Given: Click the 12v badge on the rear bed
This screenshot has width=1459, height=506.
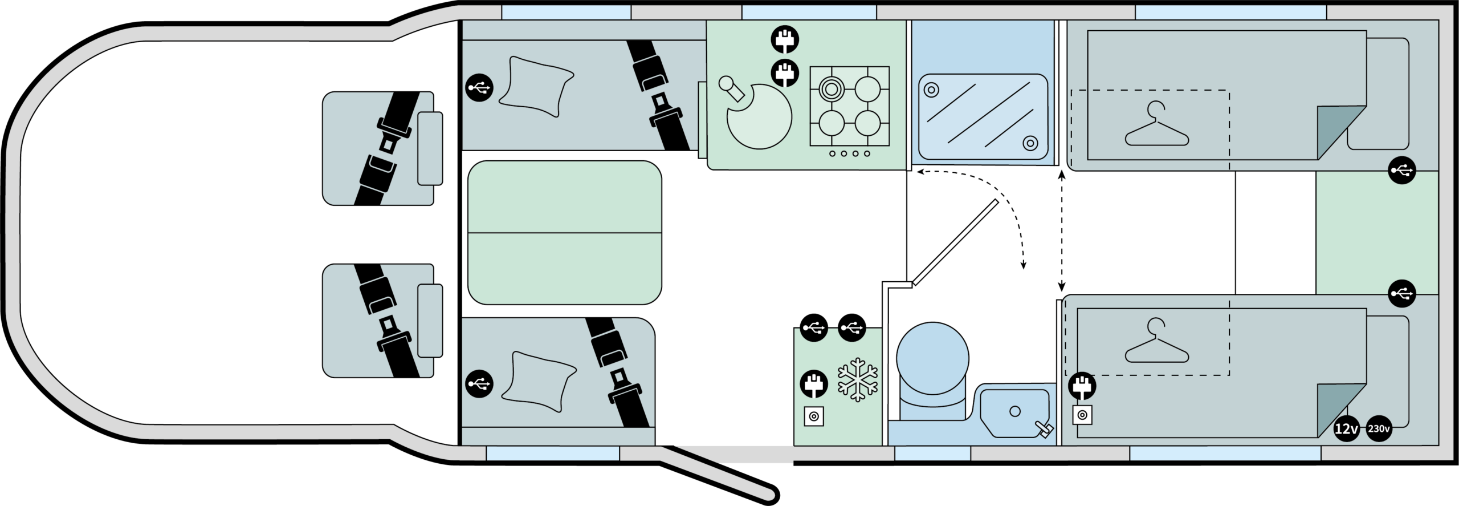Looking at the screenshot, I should (x=1346, y=429).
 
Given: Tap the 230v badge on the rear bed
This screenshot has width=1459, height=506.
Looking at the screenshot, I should (x=1378, y=429).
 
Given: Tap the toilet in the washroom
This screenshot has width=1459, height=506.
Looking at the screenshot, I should (x=932, y=365).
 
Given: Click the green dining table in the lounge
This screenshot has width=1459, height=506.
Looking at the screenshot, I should (x=564, y=233).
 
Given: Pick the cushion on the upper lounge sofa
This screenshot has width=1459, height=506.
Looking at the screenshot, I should (x=536, y=87).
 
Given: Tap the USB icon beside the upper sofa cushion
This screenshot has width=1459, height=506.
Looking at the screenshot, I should (x=479, y=88).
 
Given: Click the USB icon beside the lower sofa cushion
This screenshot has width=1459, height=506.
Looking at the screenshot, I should (x=479, y=383).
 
